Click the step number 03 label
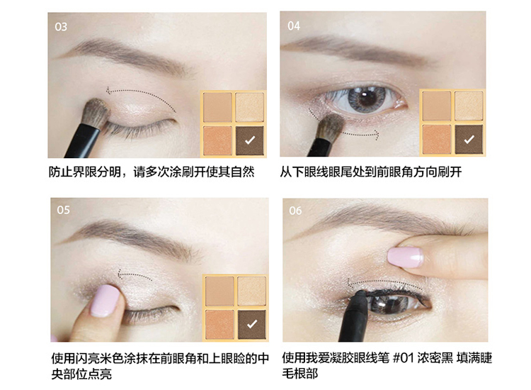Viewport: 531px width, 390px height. click(x=61, y=27)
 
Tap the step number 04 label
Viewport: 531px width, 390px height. click(x=294, y=26)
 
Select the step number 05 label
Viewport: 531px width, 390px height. click(x=63, y=210)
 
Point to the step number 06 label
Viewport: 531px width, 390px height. click(x=295, y=211)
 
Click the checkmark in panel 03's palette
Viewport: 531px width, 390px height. click(x=250, y=140)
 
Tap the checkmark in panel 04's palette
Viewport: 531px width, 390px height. click(x=469, y=139)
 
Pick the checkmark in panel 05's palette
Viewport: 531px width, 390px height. click(x=252, y=324)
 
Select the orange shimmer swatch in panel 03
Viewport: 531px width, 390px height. click(x=217, y=140)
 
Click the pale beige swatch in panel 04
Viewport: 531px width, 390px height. click(x=469, y=106)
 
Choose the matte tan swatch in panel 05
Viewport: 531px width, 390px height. click(x=219, y=291)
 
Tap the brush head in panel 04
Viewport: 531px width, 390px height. click(x=331, y=126)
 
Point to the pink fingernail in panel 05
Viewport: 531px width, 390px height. click(x=106, y=300)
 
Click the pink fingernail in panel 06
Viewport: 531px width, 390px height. click(x=406, y=257)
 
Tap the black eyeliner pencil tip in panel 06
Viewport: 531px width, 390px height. click(x=361, y=293)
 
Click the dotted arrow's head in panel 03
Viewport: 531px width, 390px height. click(x=108, y=91)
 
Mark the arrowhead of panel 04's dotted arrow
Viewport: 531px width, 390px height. click(x=376, y=135)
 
